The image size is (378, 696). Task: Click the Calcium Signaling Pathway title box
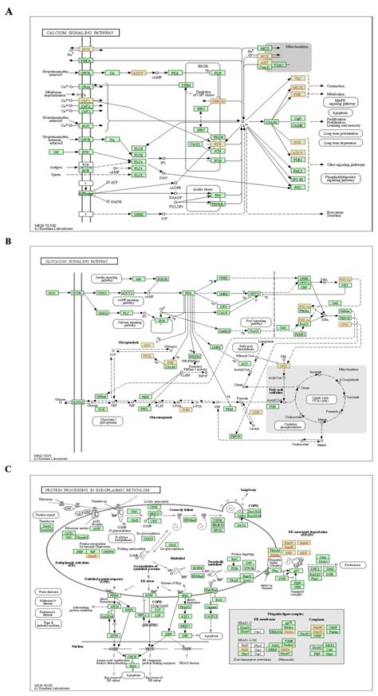81,34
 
